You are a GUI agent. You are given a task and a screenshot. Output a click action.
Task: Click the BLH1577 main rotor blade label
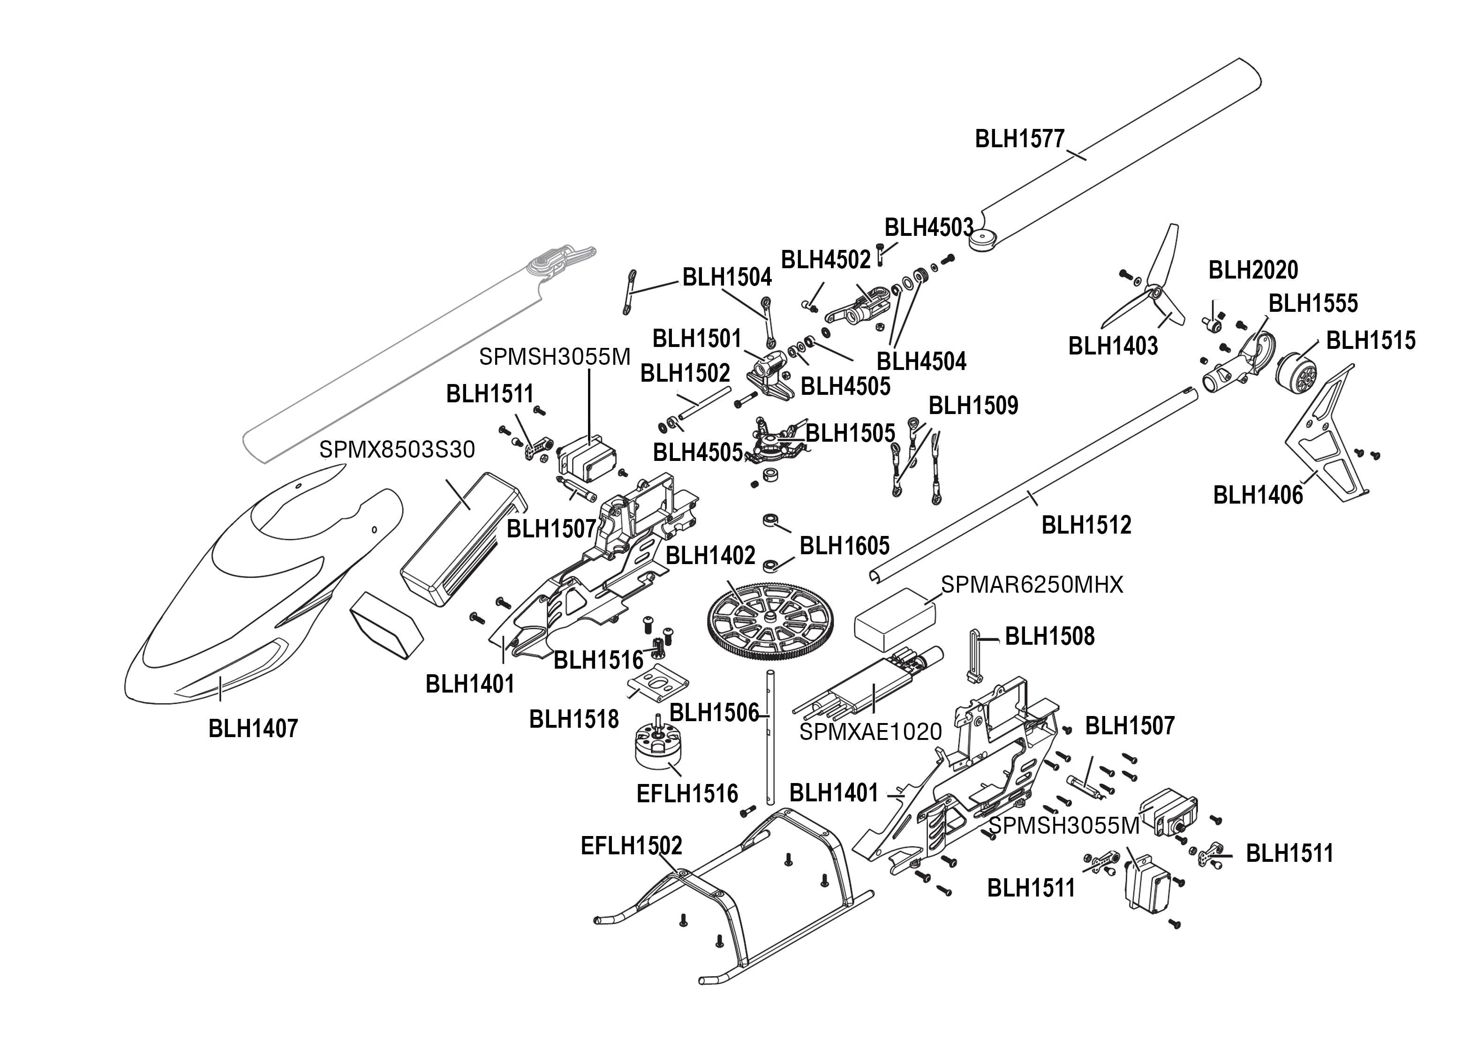pos(1020,139)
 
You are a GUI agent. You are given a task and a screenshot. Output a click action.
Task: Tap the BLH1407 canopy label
pos(253,729)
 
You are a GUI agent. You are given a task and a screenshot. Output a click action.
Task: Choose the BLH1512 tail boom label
pos(1086,525)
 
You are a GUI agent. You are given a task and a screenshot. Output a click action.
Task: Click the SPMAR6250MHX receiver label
pos(1032,585)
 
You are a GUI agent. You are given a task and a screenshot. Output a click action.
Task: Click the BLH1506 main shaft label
pos(714,713)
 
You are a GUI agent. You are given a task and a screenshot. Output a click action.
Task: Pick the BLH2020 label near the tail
pos(1253,270)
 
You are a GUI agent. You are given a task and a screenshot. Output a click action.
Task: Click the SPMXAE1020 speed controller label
pos(870,732)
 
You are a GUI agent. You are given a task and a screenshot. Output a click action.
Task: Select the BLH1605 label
pos(844,546)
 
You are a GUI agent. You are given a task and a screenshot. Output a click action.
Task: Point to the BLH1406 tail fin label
pos(1258,496)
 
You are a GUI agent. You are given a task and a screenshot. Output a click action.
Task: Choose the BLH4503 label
pos(929,228)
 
